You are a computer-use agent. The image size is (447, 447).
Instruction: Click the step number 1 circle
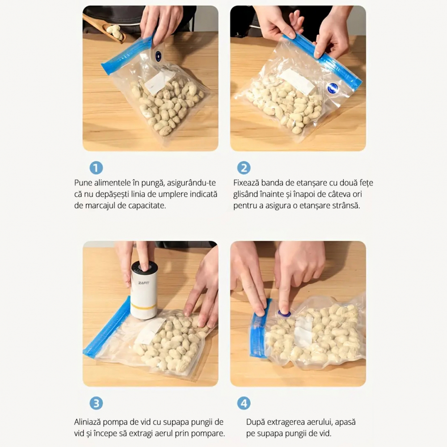click(96, 168)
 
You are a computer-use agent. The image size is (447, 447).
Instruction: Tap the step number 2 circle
click(244, 168)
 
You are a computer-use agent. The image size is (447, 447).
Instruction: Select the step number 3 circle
click(96, 403)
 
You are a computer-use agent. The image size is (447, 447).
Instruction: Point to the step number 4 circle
click(244, 403)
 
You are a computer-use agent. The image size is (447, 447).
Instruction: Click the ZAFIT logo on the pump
click(143, 283)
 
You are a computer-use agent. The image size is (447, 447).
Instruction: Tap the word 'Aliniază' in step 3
click(88, 422)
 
